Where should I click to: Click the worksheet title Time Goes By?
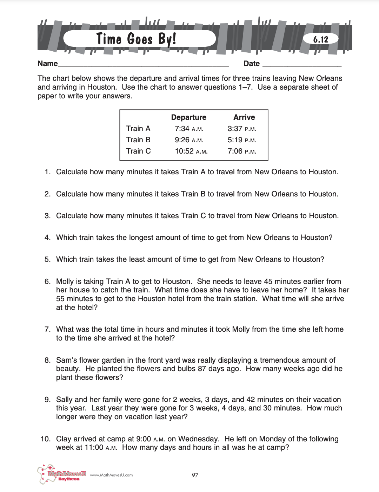(x=136, y=39)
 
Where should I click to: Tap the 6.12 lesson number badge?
(x=321, y=39)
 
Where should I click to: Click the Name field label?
(x=48, y=64)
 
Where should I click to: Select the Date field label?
(x=252, y=64)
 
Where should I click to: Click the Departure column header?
(x=188, y=117)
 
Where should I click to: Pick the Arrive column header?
(x=244, y=117)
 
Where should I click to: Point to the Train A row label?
(x=138, y=129)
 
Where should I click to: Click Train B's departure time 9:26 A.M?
(x=189, y=140)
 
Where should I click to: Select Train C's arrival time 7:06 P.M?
(x=242, y=151)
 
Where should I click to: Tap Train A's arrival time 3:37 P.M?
(x=242, y=129)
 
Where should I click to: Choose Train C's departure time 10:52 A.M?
(x=191, y=151)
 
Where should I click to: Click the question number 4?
(x=47, y=238)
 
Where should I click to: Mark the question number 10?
(x=45, y=439)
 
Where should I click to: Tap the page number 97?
(x=195, y=475)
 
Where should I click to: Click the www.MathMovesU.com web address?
(x=111, y=475)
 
